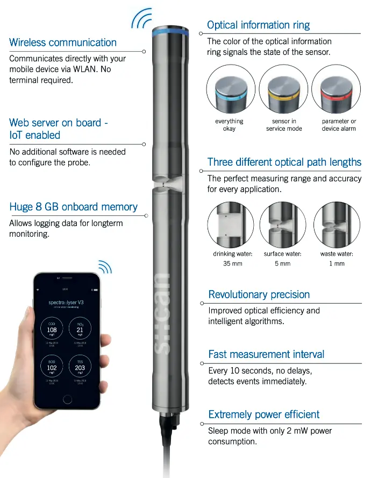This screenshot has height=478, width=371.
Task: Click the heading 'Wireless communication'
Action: [63, 43]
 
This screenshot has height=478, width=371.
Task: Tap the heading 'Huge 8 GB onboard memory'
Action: [73, 207]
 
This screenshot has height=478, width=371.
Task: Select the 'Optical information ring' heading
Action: [258, 25]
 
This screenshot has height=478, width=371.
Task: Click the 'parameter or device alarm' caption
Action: [339, 125]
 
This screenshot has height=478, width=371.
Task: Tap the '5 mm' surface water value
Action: [283, 264]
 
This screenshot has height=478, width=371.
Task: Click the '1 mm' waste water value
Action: [337, 264]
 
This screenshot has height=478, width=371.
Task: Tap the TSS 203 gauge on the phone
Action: [80, 367]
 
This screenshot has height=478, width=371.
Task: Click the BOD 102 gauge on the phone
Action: [52, 367]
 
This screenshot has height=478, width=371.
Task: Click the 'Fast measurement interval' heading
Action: [266, 354]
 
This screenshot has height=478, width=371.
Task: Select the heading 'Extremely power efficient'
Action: [263, 414]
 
